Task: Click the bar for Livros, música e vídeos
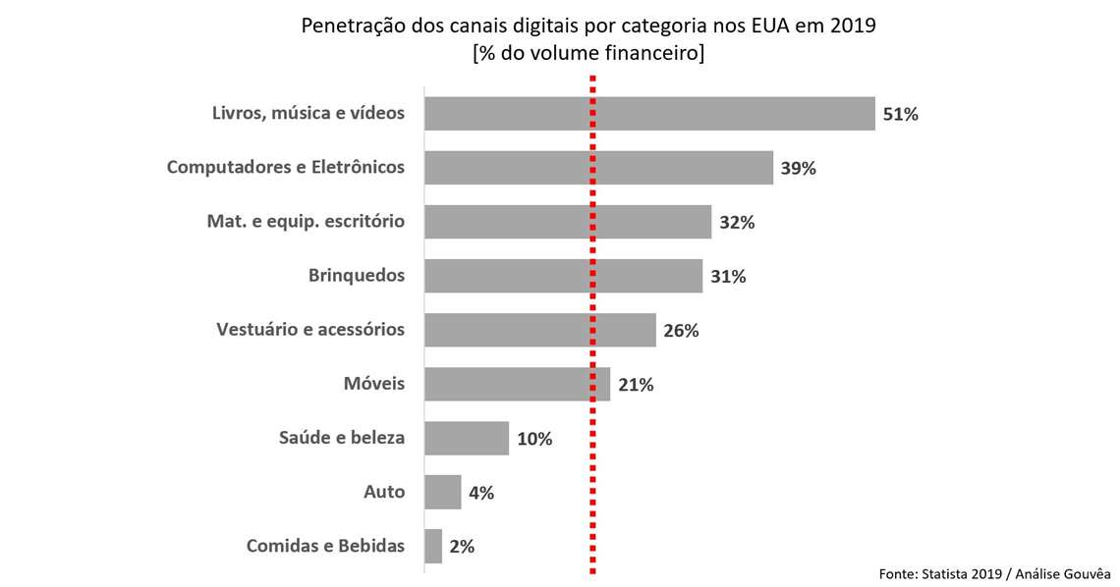click(x=648, y=114)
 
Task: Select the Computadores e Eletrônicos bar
click(x=598, y=168)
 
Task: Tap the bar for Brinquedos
click(x=563, y=276)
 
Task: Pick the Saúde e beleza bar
click(x=466, y=438)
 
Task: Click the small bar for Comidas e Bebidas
click(x=433, y=546)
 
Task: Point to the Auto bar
click(x=442, y=492)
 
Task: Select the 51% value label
click(x=900, y=115)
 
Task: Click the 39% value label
click(x=798, y=169)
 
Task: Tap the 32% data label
click(x=736, y=223)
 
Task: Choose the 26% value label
click(x=680, y=331)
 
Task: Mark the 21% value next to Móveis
click(x=636, y=385)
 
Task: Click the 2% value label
click(x=461, y=547)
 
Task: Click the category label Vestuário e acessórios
click(x=309, y=330)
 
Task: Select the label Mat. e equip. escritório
click(x=306, y=222)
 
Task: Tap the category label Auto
click(x=384, y=492)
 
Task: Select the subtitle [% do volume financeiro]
click(x=588, y=54)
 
